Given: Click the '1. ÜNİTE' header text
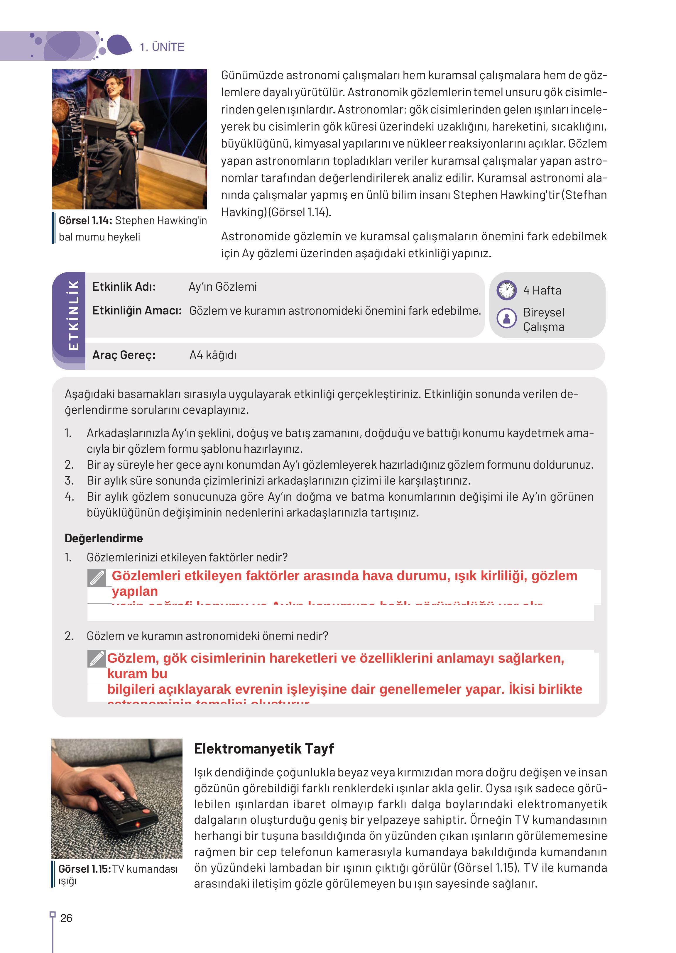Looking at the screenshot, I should [162, 47].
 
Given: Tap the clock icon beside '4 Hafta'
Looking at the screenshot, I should [507, 290].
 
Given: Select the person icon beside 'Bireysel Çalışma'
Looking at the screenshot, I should [507, 318].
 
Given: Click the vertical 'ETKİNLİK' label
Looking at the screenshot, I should [73, 315].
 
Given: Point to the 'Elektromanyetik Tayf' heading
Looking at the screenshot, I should [263, 748].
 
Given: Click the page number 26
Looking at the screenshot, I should [66, 918].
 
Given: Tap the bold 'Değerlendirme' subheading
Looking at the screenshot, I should [104, 538].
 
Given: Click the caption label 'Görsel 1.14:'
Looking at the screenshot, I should [85, 221].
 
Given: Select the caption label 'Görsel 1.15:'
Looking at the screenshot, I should [84, 869].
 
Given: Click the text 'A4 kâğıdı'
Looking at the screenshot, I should [213, 355].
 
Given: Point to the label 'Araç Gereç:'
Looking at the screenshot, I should [124, 355].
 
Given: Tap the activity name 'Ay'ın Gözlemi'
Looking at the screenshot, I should [222, 287].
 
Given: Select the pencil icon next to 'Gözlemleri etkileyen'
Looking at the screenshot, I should [97, 578].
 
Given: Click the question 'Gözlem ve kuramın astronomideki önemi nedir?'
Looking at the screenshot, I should [207, 636].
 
